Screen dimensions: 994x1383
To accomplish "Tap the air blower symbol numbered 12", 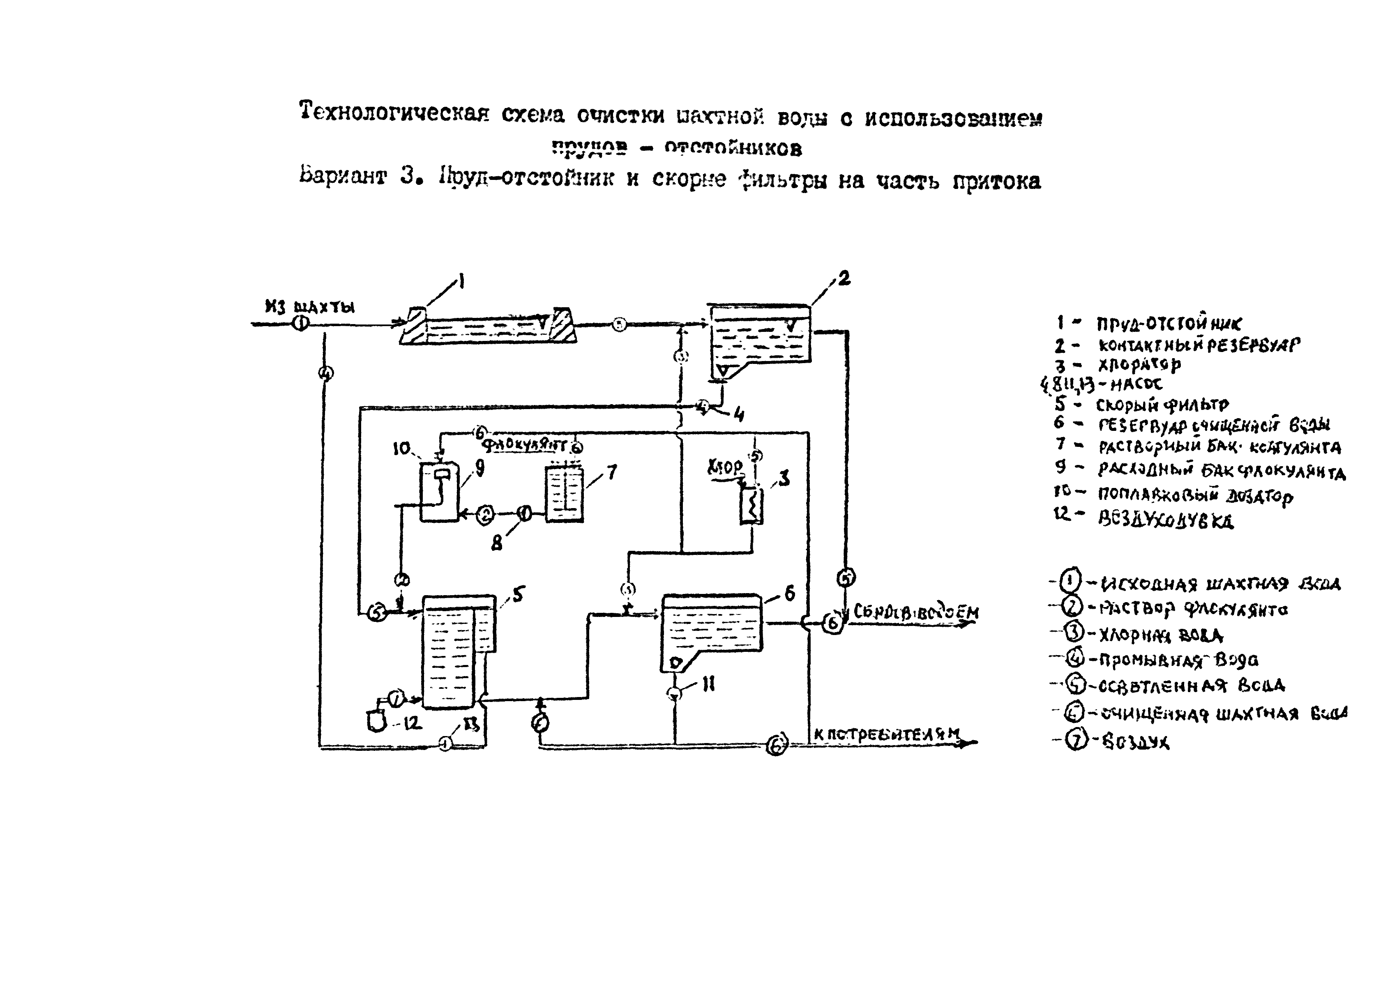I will pyautogui.click(x=376, y=722).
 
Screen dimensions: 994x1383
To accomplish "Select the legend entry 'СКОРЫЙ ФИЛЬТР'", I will pyautogui.click(x=1162, y=405).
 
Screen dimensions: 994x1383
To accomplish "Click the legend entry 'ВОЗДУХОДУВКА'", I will pyautogui.click(x=1165, y=520).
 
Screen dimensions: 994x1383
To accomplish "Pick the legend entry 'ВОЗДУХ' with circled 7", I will pyautogui.click(x=1136, y=742).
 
